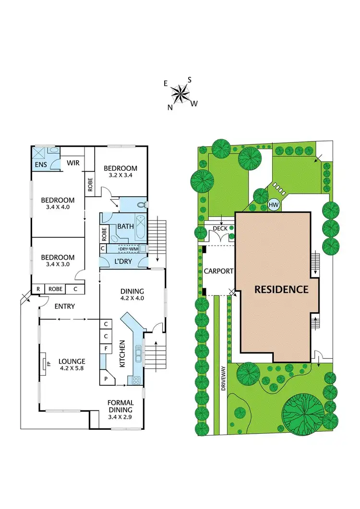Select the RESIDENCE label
[x=281, y=289]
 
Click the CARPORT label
[x=218, y=271]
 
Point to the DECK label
[x=221, y=228]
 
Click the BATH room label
[x=124, y=226]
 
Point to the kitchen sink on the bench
[x=139, y=355]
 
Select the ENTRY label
[x=64, y=306]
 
